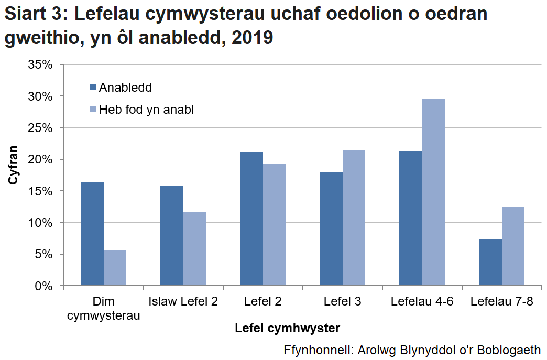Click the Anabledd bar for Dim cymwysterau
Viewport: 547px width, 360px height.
click(x=92, y=234)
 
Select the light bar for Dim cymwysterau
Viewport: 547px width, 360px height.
click(x=115, y=268)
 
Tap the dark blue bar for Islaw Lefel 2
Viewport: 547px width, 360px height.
click(x=172, y=236)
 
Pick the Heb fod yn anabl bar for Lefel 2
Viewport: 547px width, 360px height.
click(x=274, y=225)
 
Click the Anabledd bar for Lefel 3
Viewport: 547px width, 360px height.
click(x=331, y=228)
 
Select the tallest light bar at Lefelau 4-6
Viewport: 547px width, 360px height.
click(x=433, y=192)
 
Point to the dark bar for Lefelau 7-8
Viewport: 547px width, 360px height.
click(x=490, y=263)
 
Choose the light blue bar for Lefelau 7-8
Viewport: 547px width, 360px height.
click(x=513, y=246)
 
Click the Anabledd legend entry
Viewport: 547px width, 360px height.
click(x=121, y=88)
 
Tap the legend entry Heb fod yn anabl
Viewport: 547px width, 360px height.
click(x=141, y=110)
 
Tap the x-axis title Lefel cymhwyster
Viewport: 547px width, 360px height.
click(x=287, y=329)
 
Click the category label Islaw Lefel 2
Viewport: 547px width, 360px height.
click(x=183, y=302)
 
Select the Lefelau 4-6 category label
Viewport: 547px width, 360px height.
click(x=422, y=302)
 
